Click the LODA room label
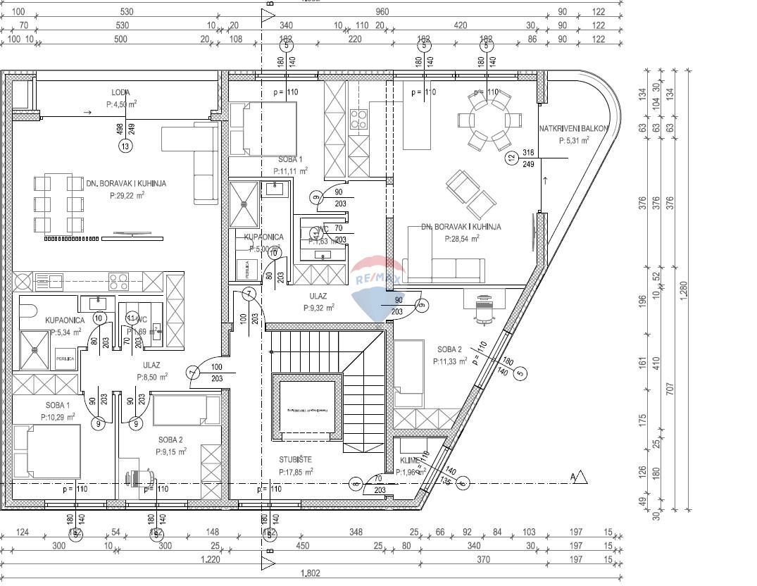120,92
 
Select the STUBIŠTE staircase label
295,461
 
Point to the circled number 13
125,146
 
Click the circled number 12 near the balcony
511,158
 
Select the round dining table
489,118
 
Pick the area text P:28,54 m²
462,239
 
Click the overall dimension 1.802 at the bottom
311,573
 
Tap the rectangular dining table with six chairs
58,205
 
